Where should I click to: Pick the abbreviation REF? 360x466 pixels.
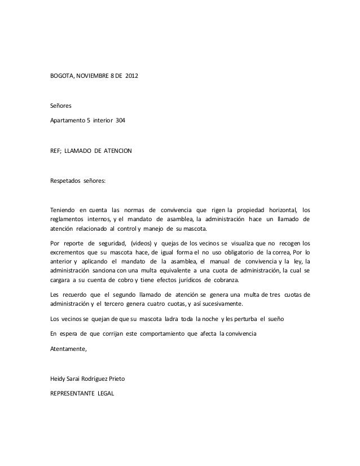point(56,152)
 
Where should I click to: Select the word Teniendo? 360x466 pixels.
point(62,210)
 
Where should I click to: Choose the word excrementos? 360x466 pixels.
point(69,251)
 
